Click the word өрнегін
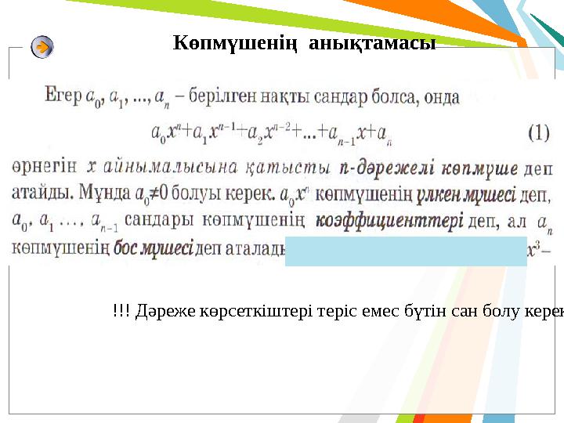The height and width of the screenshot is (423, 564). coord(45,168)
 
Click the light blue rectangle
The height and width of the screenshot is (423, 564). coord(406,251)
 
